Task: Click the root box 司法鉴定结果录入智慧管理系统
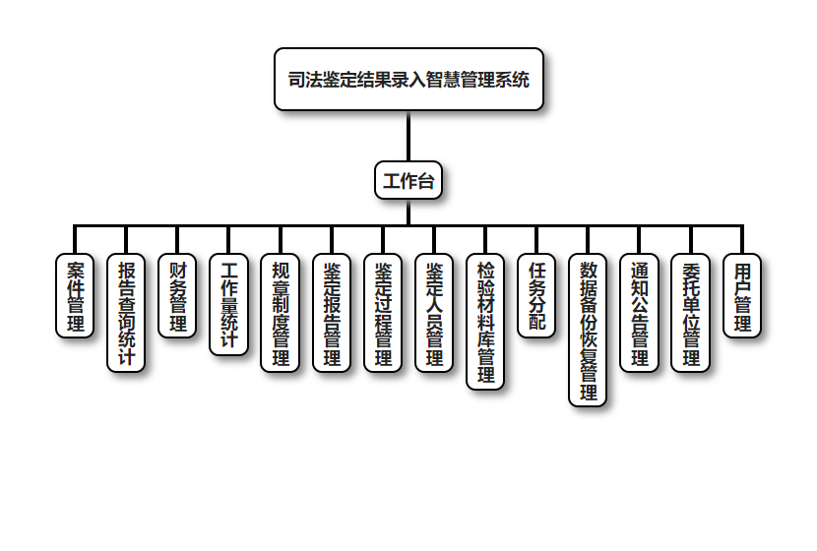[408, 80]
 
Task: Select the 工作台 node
[408, 181]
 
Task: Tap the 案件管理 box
[75, 296]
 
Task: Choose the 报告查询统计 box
[126, 313]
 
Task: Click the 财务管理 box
[177, 296]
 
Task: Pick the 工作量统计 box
[228, 305]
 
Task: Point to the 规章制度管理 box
[281, 313]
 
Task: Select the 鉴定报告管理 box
[332, 313]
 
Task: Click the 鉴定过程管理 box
[383, 313]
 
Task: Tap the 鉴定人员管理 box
[434, 313]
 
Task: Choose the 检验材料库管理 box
[485, 322]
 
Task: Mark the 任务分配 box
[536, 296]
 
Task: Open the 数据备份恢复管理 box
[588, 330]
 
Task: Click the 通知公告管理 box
[640, 313]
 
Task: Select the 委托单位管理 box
[691, 313]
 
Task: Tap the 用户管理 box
[742, 296]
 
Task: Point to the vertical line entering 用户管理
[742, 240]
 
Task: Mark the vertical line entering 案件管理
[75, 240]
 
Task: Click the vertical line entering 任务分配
[536, 240]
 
